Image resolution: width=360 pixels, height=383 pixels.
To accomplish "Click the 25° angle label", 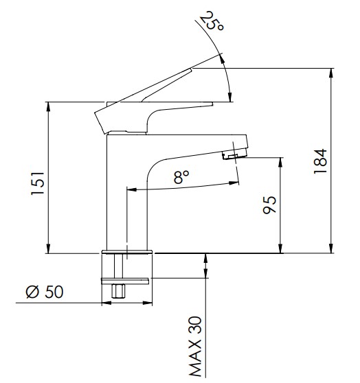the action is (x=212, y=21).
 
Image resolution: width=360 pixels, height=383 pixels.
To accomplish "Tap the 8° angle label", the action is (x=181, y=177).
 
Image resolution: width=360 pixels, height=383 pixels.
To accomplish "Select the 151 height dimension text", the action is (x=38, y=183).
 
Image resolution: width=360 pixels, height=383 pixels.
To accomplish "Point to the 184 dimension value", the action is (x=320, y=161).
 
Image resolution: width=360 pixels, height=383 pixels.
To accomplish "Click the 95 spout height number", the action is (x=269, y=205).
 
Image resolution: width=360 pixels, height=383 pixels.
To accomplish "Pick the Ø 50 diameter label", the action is (x=45, y=292).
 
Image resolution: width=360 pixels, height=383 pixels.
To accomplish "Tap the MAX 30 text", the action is (x=195, y=347).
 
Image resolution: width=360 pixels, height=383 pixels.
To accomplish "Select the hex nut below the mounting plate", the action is (x=118, y=290).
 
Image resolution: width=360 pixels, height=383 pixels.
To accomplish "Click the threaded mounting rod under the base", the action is (x=118, y=266).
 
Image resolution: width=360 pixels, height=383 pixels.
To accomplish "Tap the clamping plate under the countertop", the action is (x=125, y=281).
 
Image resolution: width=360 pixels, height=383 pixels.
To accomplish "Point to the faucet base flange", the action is (x=127, y=252).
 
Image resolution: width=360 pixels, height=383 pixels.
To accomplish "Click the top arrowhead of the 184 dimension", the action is (x=331, y=73).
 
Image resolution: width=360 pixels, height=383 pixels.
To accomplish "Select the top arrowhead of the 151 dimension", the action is (x=48, y=107).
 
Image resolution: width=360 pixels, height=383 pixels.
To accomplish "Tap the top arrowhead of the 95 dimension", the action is (x=281, y=163).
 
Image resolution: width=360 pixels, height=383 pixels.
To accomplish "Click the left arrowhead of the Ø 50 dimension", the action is (x=106, y=303).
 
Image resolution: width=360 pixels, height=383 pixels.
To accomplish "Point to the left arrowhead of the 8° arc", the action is (x=132, y=189).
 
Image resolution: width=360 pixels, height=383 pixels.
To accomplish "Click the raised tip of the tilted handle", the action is (x=190, y=69).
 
